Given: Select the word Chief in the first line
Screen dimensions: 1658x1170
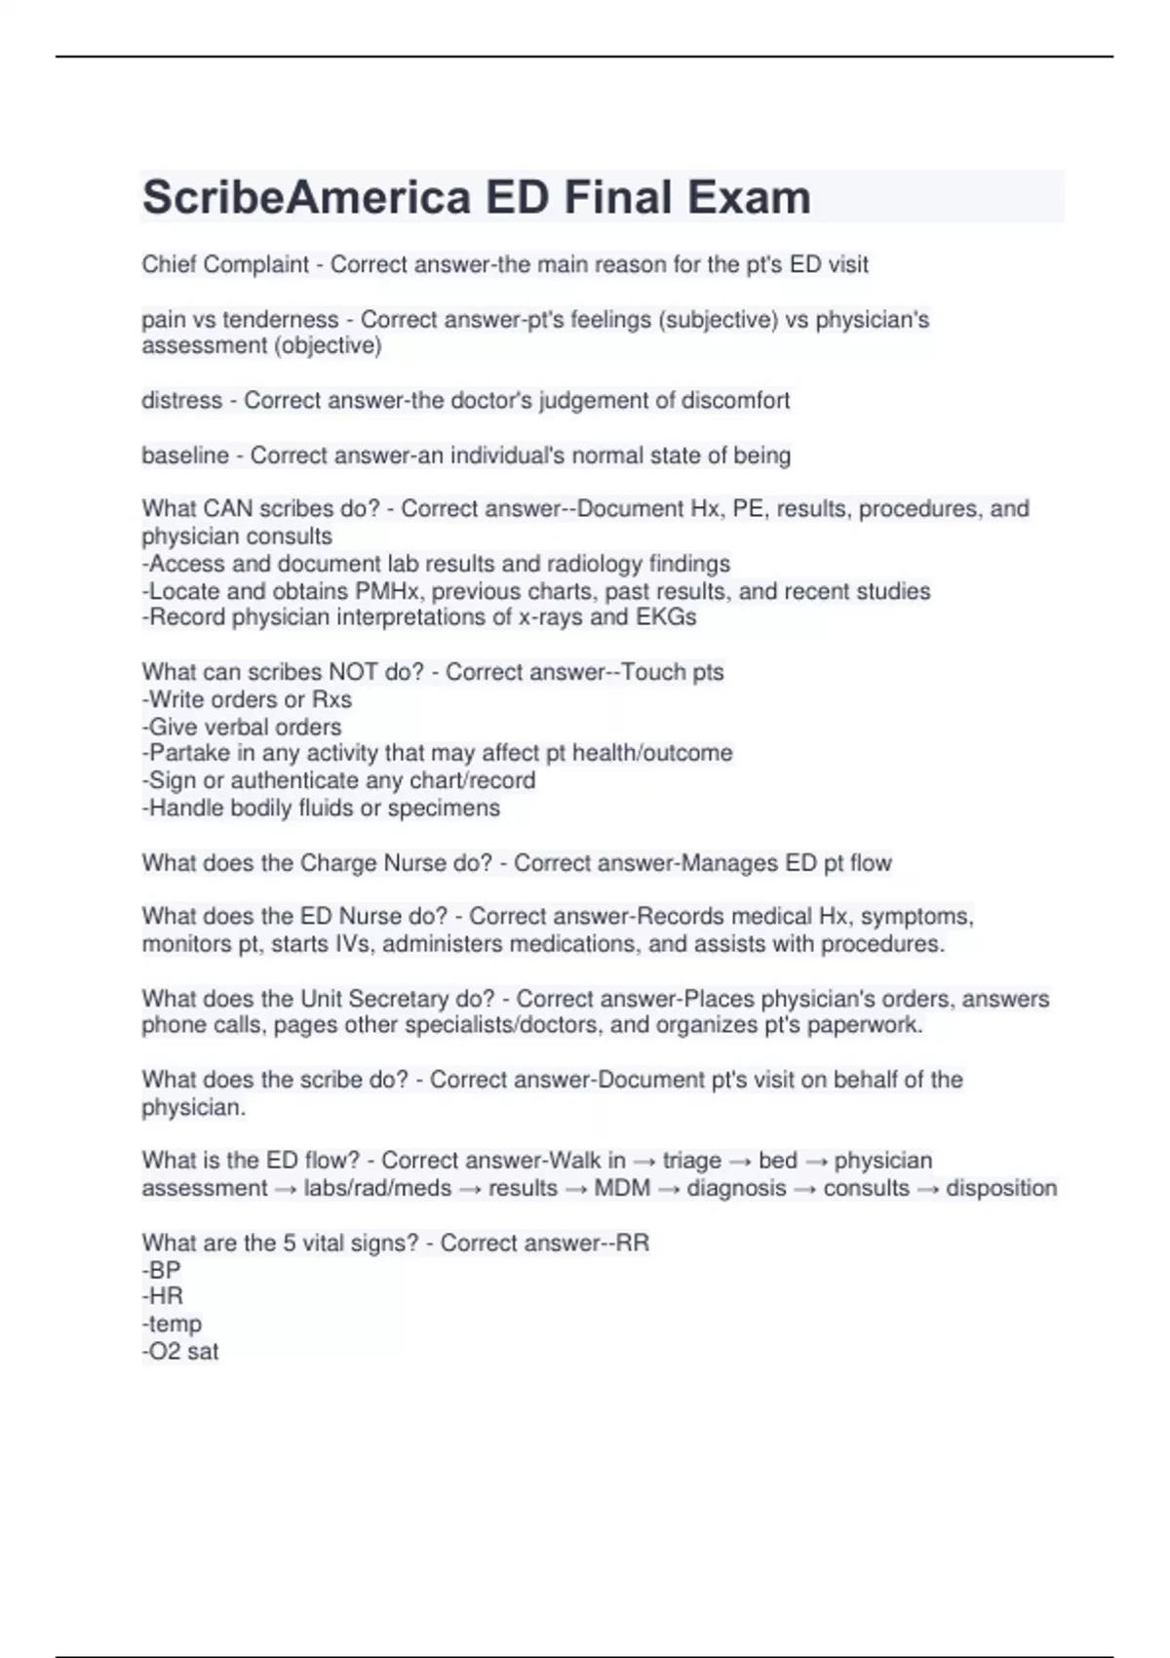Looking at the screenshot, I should coord(167,264).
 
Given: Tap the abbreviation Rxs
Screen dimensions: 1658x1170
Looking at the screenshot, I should coord(331,699).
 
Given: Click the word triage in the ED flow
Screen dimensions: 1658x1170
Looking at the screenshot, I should coord(691,1161).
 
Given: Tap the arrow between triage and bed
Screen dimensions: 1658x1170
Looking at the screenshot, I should coord(740,1162).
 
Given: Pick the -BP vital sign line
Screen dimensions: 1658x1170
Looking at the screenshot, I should coord(162,1270).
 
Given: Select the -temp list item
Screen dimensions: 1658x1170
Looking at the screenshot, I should coord(172,1324).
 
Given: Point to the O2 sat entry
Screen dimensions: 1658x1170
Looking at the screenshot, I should coord(180,1352).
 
